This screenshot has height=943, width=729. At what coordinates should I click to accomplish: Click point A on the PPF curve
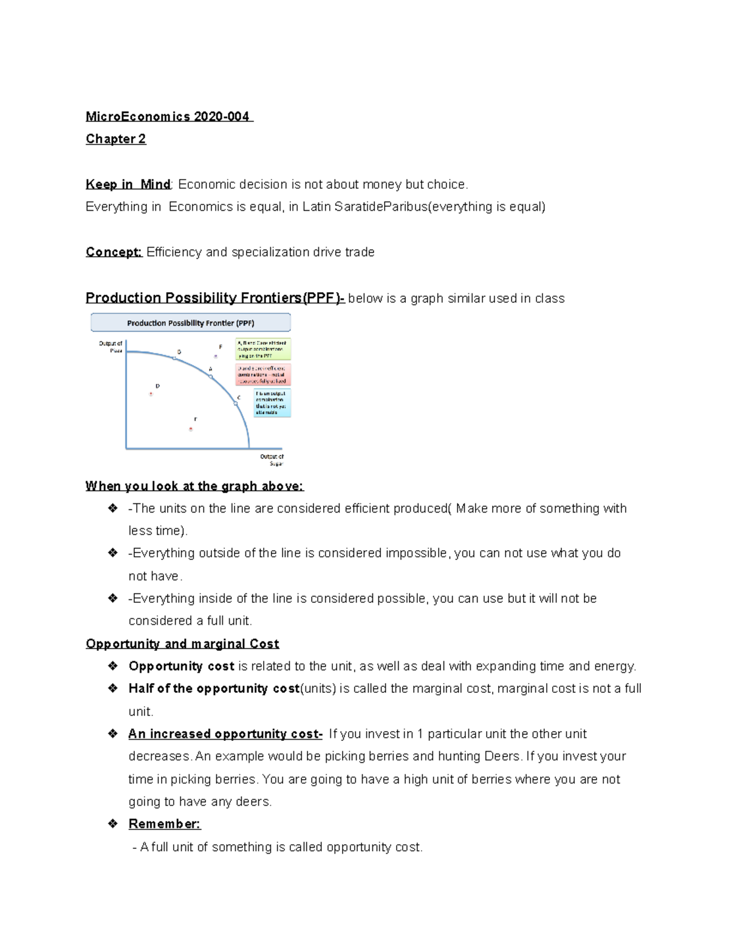click(211, 377)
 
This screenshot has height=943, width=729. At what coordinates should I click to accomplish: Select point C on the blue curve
click(236, 403)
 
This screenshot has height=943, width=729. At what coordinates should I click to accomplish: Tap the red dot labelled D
click(151, 394)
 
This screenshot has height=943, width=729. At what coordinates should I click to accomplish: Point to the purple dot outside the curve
click(216, 356)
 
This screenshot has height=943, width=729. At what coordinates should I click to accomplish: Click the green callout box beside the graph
click(263, 349)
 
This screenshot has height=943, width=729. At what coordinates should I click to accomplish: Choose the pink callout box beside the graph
click(263, 375)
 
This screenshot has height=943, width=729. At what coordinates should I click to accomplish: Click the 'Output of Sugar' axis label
click(272, 460)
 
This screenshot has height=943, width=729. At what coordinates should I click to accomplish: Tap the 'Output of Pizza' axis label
click(111, 347)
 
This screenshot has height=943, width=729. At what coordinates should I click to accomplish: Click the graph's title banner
click(191, 322)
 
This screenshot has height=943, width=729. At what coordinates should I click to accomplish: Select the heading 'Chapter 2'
click(115, 139)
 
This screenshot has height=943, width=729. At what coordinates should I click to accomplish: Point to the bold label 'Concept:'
click(114, 252)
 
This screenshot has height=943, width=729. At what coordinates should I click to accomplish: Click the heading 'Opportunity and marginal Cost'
click(182, 644)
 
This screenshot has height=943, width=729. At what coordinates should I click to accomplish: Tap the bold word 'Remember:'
click(164, 824)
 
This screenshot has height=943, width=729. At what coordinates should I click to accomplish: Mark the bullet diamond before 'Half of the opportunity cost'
click(112, 688)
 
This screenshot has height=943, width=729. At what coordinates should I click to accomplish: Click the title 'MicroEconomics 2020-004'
click(168, 117)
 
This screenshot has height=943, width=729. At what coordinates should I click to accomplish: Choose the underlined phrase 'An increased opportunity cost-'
click(225, 734)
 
